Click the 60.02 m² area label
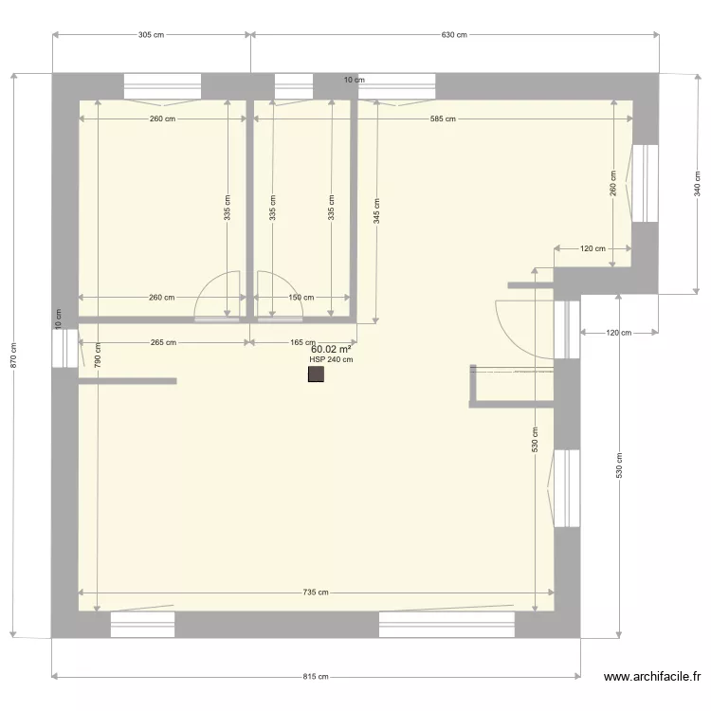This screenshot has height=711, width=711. coord(331,349)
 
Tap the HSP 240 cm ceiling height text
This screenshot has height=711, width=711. coord(331,359)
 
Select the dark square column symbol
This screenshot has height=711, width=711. coord(316,375)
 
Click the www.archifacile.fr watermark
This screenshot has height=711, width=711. coord(652,677)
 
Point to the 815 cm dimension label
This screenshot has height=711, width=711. coord(316,677)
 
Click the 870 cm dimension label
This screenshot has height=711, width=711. coord(13,355)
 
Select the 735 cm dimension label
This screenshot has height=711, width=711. coord(316,592)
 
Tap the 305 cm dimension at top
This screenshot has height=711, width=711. coord(151,35)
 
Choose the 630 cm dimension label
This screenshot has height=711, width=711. coord(454,35)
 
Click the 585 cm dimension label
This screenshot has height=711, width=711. coord(443,118)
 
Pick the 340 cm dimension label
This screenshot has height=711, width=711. coord(698,183)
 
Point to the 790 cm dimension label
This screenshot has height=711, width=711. coord(97,355)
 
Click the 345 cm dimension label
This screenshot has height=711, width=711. coord(376,209)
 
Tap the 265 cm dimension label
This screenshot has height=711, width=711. coord(162,342)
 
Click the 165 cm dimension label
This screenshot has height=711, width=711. coord(302,342)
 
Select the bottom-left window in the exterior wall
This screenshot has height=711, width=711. coord(143,624)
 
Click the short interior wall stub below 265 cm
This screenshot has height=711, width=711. coord(127,381)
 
